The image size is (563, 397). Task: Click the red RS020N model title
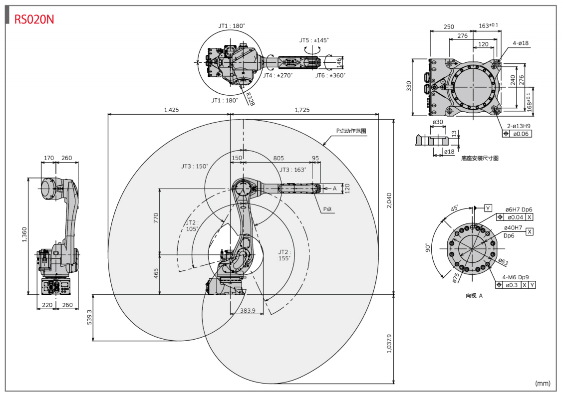(x=34, y=19)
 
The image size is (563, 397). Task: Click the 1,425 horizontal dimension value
(x=171, y=110)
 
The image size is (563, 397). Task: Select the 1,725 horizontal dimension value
(x=302, y=110)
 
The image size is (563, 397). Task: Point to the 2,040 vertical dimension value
(x=389, y=200)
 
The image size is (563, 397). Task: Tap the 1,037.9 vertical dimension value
(x=389, y=344)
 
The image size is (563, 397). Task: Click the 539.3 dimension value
(x=89, y=317)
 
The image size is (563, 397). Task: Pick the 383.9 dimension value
(x=248, y=311)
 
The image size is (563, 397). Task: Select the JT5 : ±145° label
(x=314, y=40)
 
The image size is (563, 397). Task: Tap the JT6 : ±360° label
(x=330, y=75)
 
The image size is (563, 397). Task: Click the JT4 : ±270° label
(x=278, y=75)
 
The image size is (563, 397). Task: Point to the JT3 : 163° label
(x=293, y=170)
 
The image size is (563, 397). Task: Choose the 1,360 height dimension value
(x=24, y=235)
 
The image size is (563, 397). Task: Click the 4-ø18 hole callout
(x=521, y=43)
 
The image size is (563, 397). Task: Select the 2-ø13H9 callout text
(x=519, y=126)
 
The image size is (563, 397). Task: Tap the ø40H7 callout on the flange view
(x=513, y=227)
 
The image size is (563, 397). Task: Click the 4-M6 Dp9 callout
(x=516, y=277)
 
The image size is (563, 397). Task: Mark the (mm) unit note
(x=543, y=383)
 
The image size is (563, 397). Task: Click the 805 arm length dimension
(x=279, y=158)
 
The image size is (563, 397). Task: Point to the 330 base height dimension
(x=409, y=86)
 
